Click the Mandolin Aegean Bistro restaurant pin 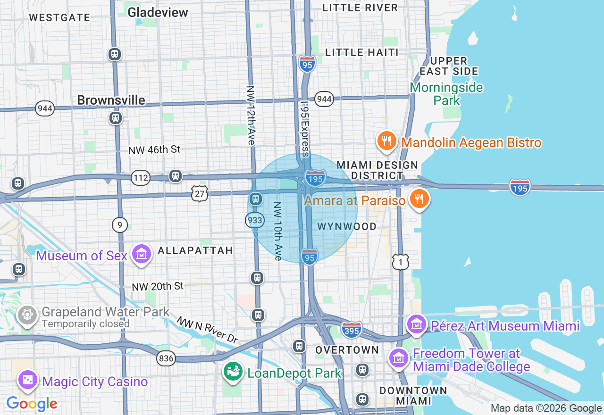[386, 141]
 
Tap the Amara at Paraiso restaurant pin [419, 199]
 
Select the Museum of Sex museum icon [142, 254]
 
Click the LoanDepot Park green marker [233, 372]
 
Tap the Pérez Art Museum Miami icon [417, 324]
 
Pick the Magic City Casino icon [28, 380]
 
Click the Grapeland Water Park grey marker [28, 315]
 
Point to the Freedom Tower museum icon [399, 358]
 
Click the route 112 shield [141, 178]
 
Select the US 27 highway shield [200, 193]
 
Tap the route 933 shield [255, 220]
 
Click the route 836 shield [166, 358]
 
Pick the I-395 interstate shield [352, 329]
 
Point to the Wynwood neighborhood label [347, 227]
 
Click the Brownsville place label [111, 100]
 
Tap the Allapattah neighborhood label [195, 250]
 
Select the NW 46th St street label [154, 150]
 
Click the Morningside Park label [446, 94]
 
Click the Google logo [32, 404]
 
